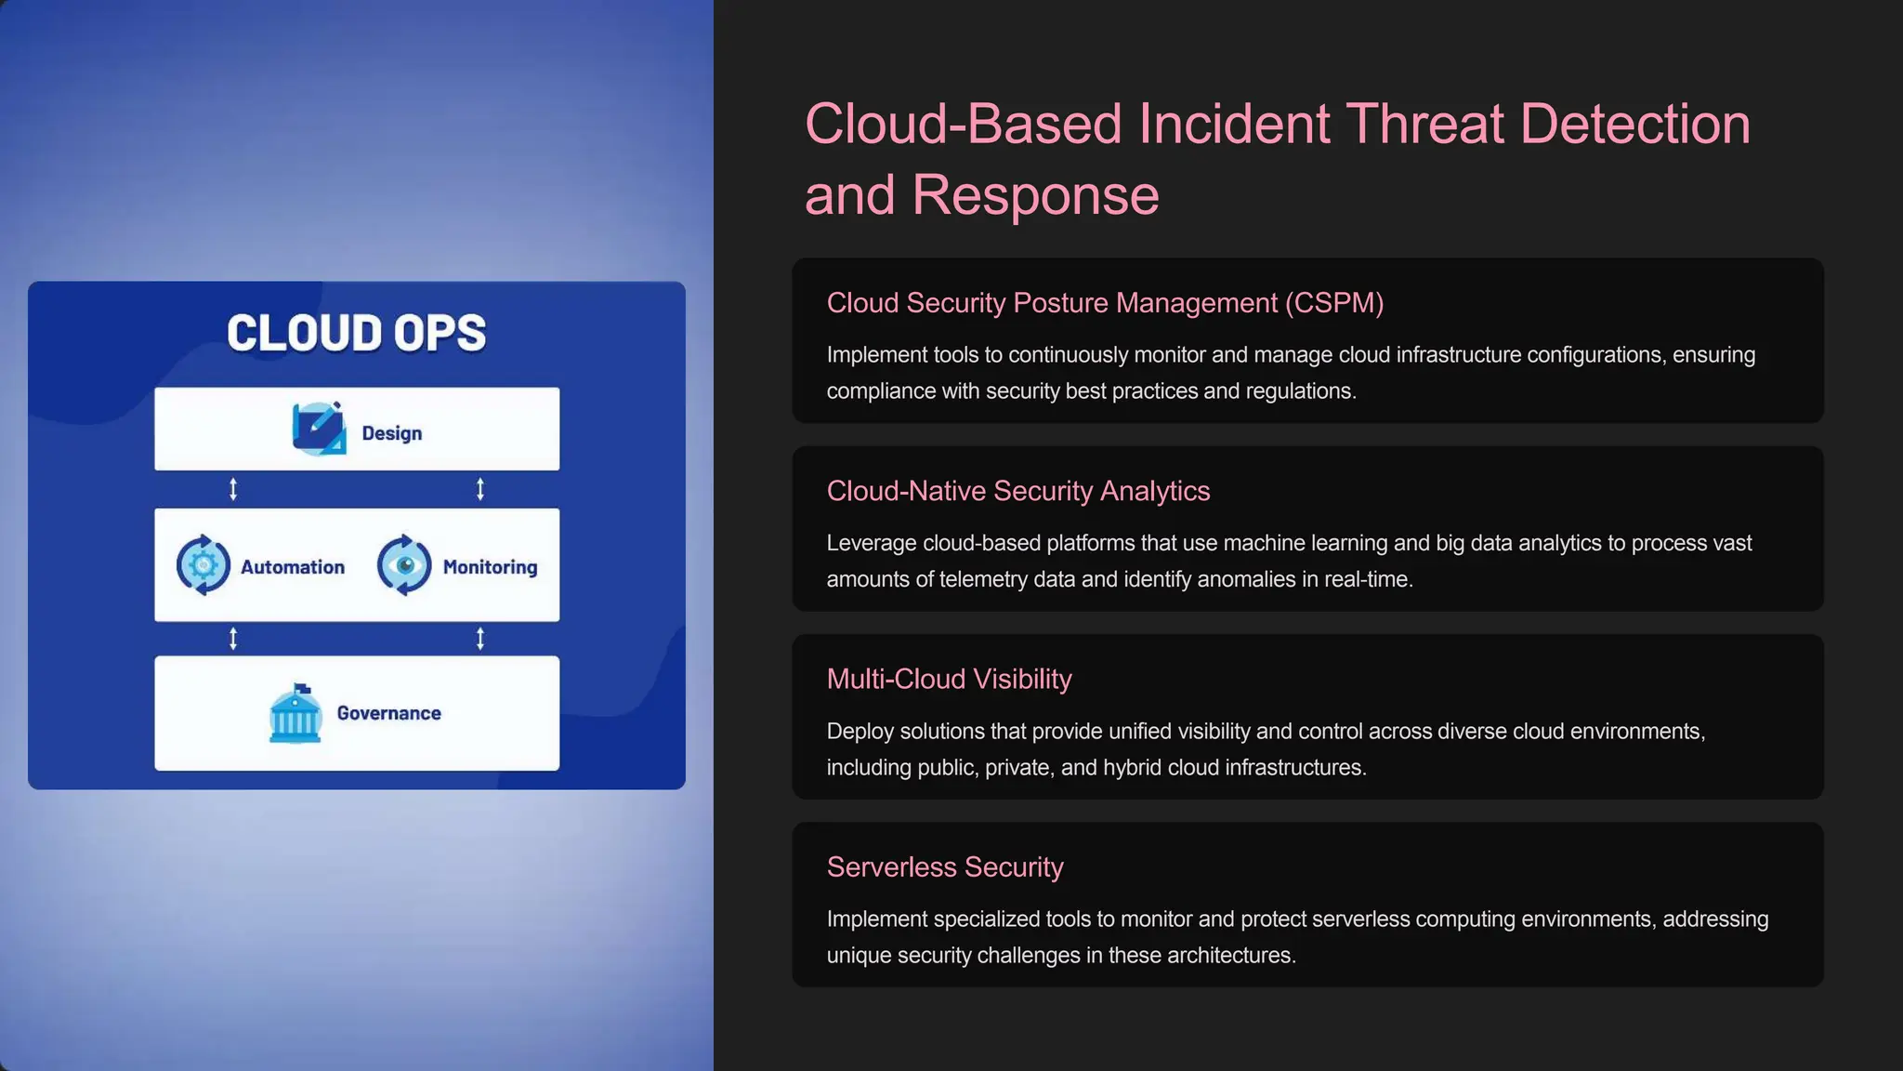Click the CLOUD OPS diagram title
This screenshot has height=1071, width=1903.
[x=356, y=333]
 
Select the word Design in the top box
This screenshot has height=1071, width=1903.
[x=391, y=433]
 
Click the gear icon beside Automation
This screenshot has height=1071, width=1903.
[x=203, y=564]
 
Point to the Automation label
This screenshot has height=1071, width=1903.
[x=292, y=567]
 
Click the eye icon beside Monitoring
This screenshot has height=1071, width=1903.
[x=404, y=564]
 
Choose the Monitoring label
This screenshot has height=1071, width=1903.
[x=490, y=567]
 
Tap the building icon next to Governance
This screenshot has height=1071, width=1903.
[x=295, y=714]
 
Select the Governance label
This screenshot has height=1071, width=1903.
[x=388, y=713]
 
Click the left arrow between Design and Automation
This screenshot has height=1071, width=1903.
[x=233, y=489]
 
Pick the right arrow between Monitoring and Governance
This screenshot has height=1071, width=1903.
[x=480, y=639]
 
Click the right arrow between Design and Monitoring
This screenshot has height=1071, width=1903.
[x=480, y=489]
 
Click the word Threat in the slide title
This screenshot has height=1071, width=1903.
[x=1424, y=124]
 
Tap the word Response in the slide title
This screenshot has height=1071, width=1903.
[x=1035, y=195]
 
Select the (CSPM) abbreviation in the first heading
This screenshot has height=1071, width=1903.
[x=1334, y=303]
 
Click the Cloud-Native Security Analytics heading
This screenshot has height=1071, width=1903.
[x=1017, y=491]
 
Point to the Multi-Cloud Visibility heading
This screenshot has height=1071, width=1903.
[x=949, y=679]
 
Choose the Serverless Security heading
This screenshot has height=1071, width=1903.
[x=944, y=866]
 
